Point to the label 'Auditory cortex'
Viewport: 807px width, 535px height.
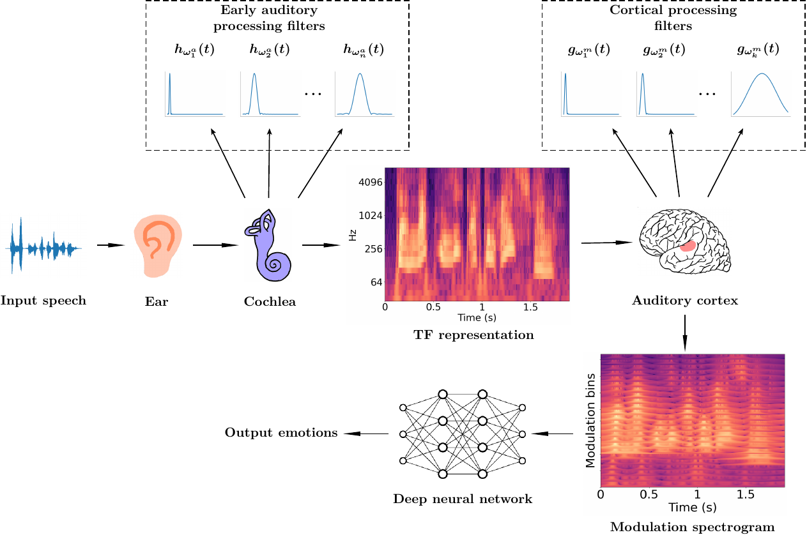pyautogui.click(x=684, y=300)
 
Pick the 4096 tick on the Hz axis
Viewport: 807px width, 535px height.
pyautogui.click(x=371, y=182)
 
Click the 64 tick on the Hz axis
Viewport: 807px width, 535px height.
pyautogui.click(x=374, y=282)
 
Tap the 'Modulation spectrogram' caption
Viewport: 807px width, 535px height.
pyautogui.click(x=692, y=527)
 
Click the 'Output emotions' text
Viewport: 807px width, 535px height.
pyautogui.click(x=281, y=433)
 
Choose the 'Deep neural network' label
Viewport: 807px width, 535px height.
pyautogui.click(x=463, y=499)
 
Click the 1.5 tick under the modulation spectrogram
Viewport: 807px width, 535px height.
pyautogui.click(x=745, y=494)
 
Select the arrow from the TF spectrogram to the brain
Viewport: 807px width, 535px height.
pyautogui.click(x=607, y=243)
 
